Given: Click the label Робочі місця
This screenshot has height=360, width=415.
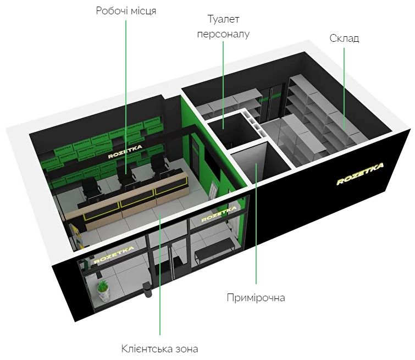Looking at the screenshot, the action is (126, 11).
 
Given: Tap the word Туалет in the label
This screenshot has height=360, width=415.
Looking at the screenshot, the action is (223, 19).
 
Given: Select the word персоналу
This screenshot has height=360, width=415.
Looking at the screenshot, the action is (223, 34).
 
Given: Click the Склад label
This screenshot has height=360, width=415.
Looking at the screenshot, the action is (344, 38).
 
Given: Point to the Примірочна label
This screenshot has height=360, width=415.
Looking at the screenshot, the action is (256, 298).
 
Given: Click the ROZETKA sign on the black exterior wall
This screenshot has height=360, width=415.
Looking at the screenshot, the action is (360, 174).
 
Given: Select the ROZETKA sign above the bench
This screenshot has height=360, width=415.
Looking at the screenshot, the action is (219, 214).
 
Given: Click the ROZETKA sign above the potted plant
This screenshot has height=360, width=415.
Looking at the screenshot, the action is (114, 255).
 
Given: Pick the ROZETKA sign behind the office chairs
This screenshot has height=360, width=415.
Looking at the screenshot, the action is (125, 151).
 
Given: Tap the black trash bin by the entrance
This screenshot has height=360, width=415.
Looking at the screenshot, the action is (147, 290).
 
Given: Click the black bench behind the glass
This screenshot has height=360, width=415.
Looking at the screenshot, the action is (214, 248).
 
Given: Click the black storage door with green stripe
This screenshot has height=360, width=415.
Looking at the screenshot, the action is (275, 101).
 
